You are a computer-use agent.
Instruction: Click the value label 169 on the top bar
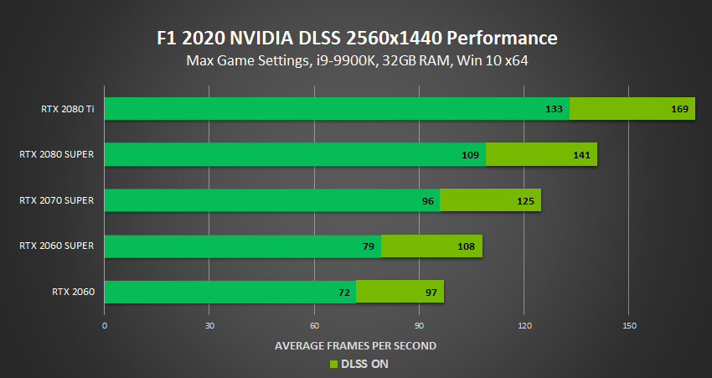(x=679, y=109)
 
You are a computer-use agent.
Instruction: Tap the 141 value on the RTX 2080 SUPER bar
(x=582, y=155)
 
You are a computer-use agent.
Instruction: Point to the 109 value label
(x=470, y=155)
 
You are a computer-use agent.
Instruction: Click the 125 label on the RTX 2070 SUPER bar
(x=525, y=200)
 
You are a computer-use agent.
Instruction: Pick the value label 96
(x=428, y=200)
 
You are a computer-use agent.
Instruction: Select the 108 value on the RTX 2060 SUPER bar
(x=467, y=246)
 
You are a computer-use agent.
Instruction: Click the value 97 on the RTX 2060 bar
(x=431, y=292)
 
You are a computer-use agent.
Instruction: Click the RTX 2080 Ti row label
(x=67, y=109)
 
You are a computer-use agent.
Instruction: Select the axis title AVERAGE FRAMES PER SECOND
(x=355, y=345)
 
